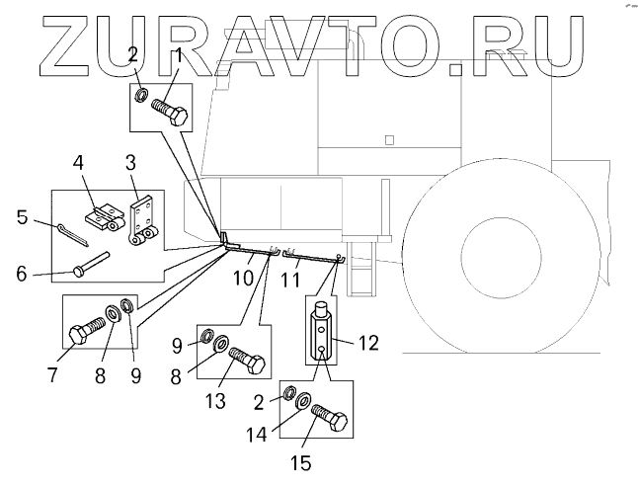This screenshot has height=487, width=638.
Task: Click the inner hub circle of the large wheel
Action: pyautogui.click(x=503, y=258)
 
